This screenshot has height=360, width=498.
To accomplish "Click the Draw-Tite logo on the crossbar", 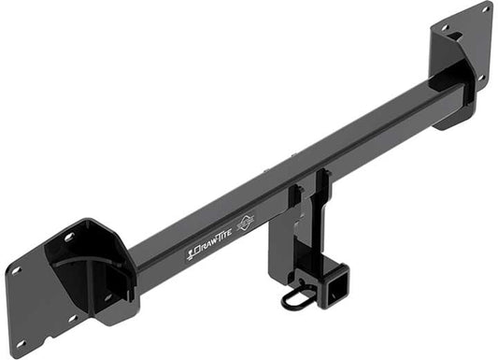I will [x=217, y=246].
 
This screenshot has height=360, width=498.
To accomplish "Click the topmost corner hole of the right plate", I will [x=485, y=8].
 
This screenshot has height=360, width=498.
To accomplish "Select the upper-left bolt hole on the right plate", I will [x=442, y=28].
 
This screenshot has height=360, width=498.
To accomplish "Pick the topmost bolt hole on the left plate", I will [x=67, y=237].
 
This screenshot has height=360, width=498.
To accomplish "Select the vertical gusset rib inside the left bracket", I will [x=94, y=278].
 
